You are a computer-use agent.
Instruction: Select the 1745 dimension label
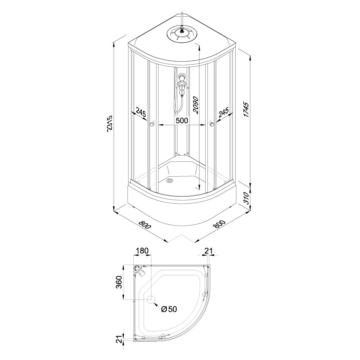pos(246,110)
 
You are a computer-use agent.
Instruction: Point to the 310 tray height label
pos(246,198)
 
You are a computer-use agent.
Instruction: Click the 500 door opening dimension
pos(181,120)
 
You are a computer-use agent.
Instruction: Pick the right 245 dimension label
pos(223,112)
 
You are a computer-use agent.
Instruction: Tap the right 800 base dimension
pos(219,224)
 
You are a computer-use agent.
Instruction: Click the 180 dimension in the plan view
pos(143,251)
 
